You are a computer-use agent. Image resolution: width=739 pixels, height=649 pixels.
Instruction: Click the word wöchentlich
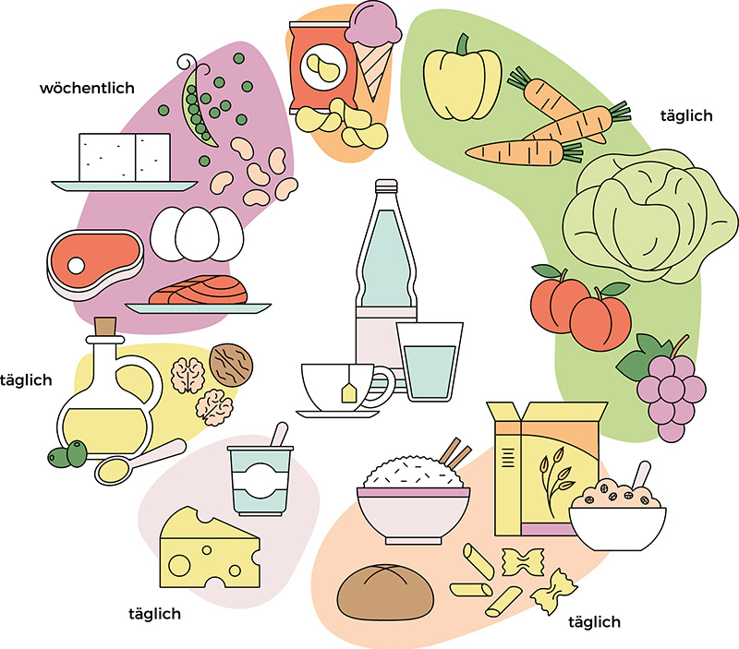pos(87,89)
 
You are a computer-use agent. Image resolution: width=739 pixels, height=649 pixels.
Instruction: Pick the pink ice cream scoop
pos(368,32)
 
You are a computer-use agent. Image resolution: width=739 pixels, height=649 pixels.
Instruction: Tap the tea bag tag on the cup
pos(351,393)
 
